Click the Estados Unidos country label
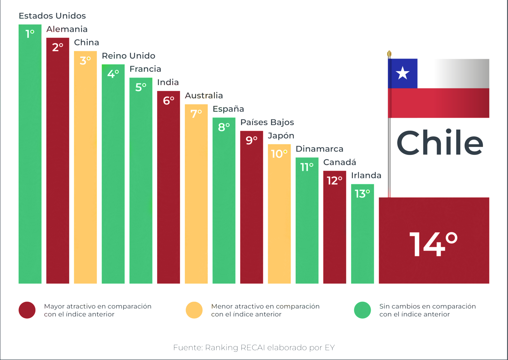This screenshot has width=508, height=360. [52, 16]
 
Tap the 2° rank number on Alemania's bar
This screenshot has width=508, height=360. [58, 47]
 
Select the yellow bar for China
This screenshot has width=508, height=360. [85, 172]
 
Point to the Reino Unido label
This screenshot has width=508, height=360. [128, 56]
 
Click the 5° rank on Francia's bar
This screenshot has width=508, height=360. [141, 87]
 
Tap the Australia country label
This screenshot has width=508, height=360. [204, 96]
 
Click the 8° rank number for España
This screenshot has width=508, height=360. [224, 127]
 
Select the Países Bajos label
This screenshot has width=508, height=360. [267, 122]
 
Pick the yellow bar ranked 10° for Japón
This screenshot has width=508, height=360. [279, 218]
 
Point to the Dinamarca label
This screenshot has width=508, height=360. [319, 149]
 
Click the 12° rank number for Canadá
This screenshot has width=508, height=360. [334, 181]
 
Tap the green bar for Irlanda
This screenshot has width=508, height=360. [362, 238]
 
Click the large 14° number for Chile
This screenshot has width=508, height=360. [433, 244]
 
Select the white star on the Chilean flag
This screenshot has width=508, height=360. [402, 73]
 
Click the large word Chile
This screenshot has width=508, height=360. [440, 143]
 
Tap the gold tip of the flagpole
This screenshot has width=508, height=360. [389, 54]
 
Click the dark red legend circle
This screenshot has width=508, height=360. [27, 310]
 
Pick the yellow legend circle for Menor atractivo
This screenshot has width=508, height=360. [194, 310]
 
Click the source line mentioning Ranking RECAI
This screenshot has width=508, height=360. [254, 347]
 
